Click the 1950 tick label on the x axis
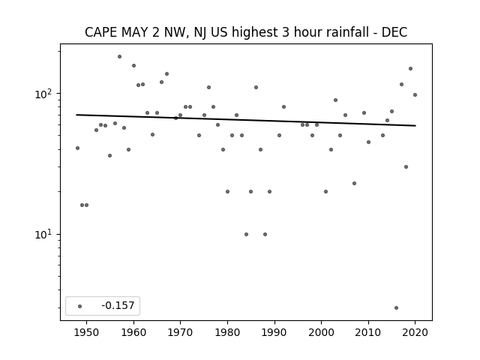(87, 332)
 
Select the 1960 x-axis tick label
(133, 332)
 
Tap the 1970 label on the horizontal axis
(181, 332)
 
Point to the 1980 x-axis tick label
(227, 332)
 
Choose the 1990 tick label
(274, 332)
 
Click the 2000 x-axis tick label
(322, 332)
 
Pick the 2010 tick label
(368, 332)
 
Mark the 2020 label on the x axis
(415, 332)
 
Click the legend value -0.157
(118, 305)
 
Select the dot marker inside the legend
(80, 306)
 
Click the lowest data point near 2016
(397, 307)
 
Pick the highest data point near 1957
(120, 57)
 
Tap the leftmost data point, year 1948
(77, 148)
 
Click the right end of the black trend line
(415, 125)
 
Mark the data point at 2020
(415, 95)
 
